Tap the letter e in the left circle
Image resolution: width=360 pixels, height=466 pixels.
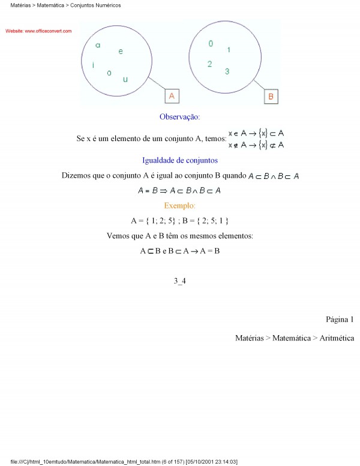click(121, 52)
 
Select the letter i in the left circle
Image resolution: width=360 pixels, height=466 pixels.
click(93, 65)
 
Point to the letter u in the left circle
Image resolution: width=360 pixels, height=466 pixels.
click(125, 79)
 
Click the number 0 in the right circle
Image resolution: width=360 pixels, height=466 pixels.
click(211, 44)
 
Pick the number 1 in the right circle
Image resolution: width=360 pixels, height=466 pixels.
click(229, 50)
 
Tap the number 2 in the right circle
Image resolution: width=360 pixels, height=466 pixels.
click(209, 64)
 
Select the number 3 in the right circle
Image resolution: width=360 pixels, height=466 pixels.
click(227, 72)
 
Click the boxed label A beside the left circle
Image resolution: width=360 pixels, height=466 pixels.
click(171, 96)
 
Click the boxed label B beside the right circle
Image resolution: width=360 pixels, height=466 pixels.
click(271, 96)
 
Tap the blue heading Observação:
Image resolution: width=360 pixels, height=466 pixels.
click(179, 116)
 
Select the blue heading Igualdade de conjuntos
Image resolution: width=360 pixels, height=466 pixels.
click(179, 160)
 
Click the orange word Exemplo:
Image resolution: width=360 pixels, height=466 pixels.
click(179, 206)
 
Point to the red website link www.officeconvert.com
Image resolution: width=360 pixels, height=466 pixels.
click(38, 31)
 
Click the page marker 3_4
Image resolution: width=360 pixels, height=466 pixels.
click(179, 280)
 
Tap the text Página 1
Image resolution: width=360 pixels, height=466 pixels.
click(340, 319)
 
